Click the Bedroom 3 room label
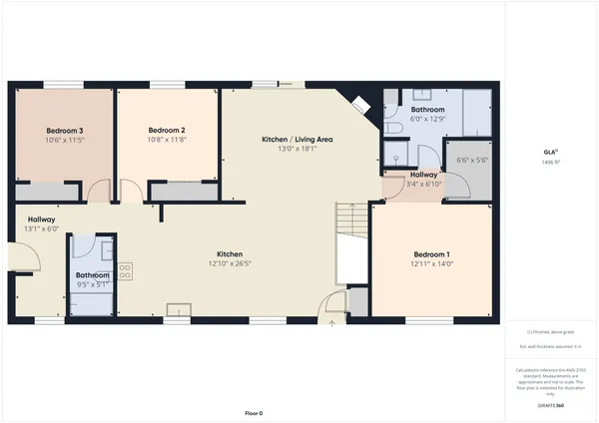coord(64,131)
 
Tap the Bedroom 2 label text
coord(168,131)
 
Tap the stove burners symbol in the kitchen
coord(126,269)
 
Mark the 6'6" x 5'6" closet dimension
coord(470,161)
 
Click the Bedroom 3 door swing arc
coord(96,192)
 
